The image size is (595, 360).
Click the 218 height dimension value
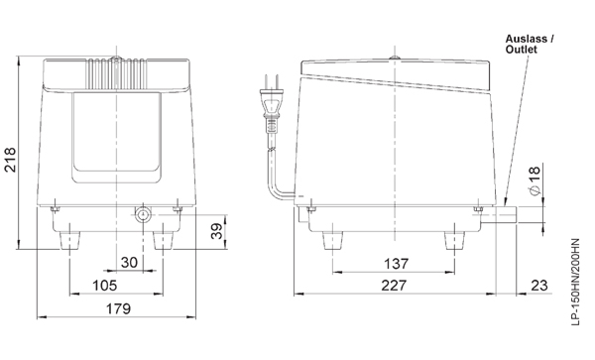point(10,155)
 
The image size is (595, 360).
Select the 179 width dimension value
point(118,309)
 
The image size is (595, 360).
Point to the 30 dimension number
point(130,262)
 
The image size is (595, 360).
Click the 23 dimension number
point(539,286)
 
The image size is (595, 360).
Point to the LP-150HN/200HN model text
point(580,287)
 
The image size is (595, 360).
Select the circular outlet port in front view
point(144,215)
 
